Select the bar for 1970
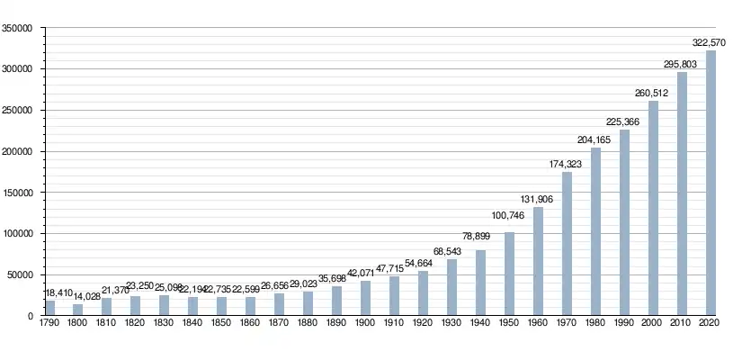tap(567, 244)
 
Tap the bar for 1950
tap(509, 274)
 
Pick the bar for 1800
tap(77, 310)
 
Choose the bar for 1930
tap(451, 288)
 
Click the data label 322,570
tap(711, 42)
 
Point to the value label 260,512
tap(653, 93)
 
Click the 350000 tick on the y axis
tap(18, 29)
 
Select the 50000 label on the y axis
tap(21, 275)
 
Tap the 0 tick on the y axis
tap(31, 317)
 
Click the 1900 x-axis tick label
tap(365, 323)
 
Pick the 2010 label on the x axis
tap(682, 323)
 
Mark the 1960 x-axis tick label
tap(538, 323)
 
